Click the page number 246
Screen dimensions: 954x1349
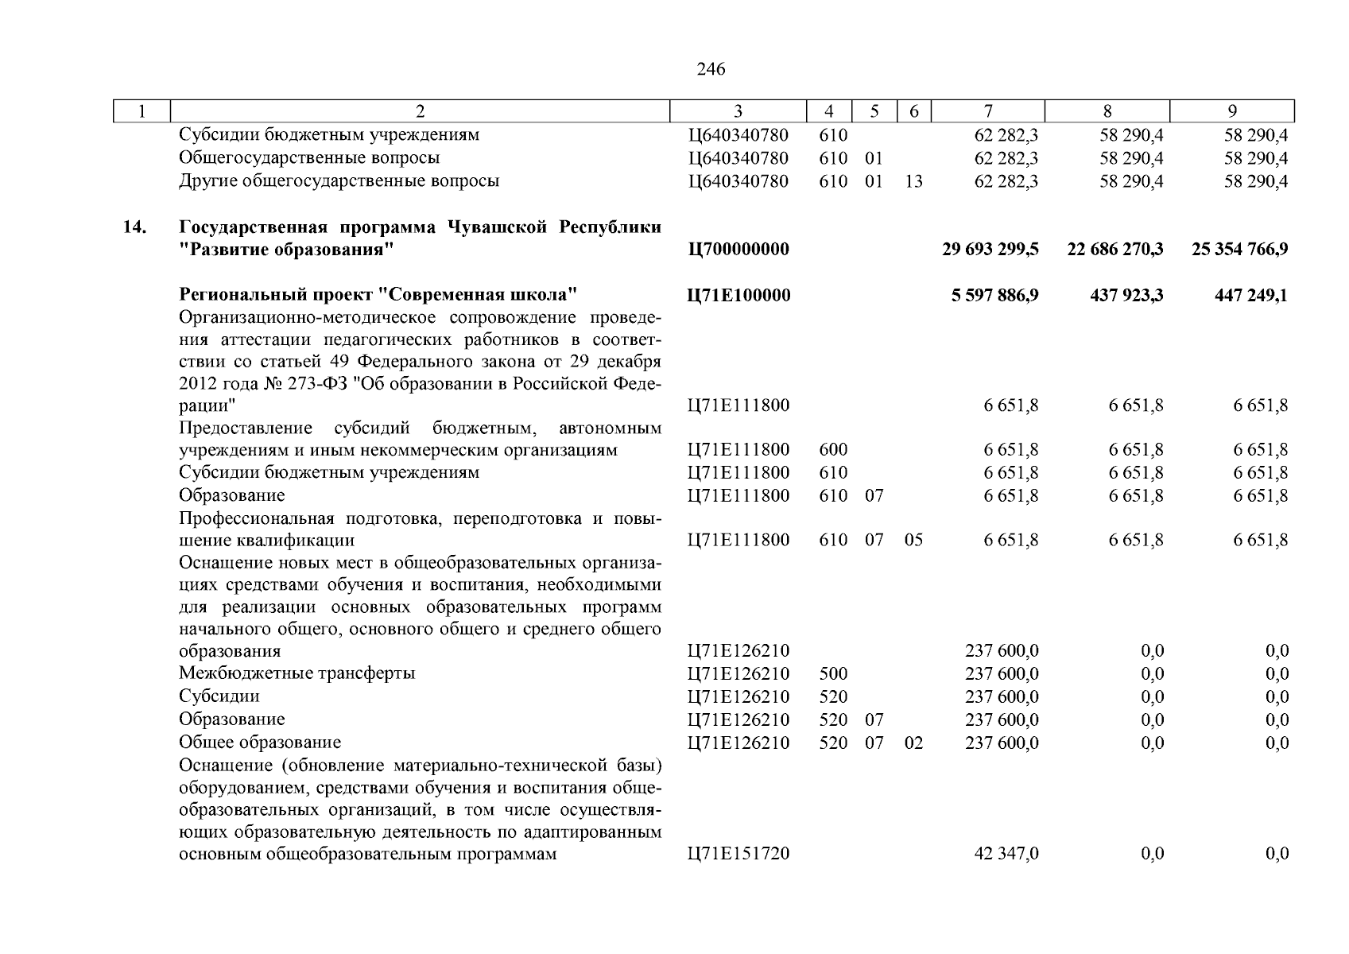(711, 69)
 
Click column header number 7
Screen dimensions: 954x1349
(987, 112)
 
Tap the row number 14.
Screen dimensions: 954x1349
(134, 227)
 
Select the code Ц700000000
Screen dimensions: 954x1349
(738, 250)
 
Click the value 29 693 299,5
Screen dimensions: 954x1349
(990, 250)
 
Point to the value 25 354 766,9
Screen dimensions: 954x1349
(1239, 250)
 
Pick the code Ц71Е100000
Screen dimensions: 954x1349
(738, 296)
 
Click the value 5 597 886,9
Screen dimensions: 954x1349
(994, 296)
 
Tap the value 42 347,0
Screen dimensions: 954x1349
(1006, 855)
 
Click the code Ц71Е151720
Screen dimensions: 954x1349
(738, 855)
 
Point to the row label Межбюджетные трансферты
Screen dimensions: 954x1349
(297, 673)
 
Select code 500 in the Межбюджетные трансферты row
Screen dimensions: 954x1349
(832, 674)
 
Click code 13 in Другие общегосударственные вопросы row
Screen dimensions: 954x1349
(913, 181)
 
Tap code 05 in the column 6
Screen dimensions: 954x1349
(913, 541)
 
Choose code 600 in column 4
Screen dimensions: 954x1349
(832, 450)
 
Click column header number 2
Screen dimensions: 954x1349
(420, 112)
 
